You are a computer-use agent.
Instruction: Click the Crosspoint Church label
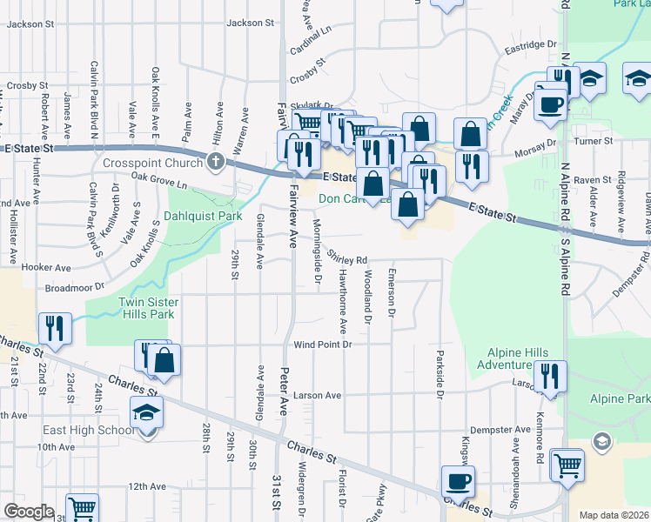(152, 162)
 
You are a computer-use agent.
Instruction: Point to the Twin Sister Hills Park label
(148, 308)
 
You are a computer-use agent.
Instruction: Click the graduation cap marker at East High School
(146, 412)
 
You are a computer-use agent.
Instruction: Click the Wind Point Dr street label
(322, 345)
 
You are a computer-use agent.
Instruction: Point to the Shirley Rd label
(348, 258)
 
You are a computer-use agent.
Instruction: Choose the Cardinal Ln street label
(313, 36)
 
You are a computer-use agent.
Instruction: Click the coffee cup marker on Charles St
(458, 481)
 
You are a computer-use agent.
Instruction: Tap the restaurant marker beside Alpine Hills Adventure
(550, 376)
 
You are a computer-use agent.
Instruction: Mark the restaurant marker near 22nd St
(55, 328)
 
